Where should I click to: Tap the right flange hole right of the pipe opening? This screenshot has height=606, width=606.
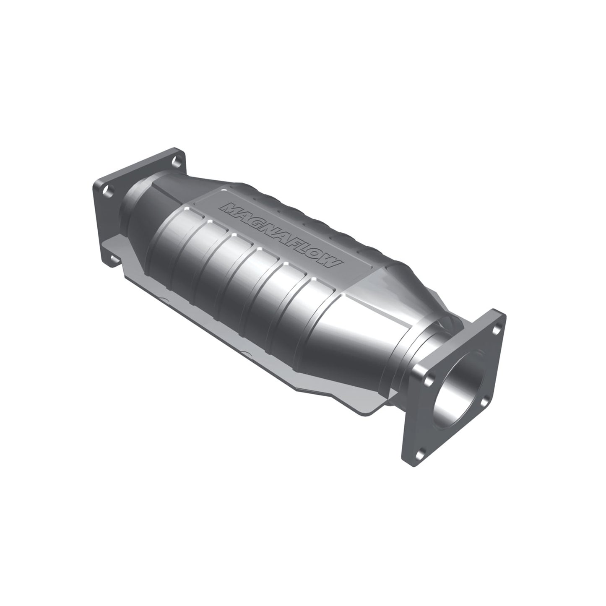point(486,401)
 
